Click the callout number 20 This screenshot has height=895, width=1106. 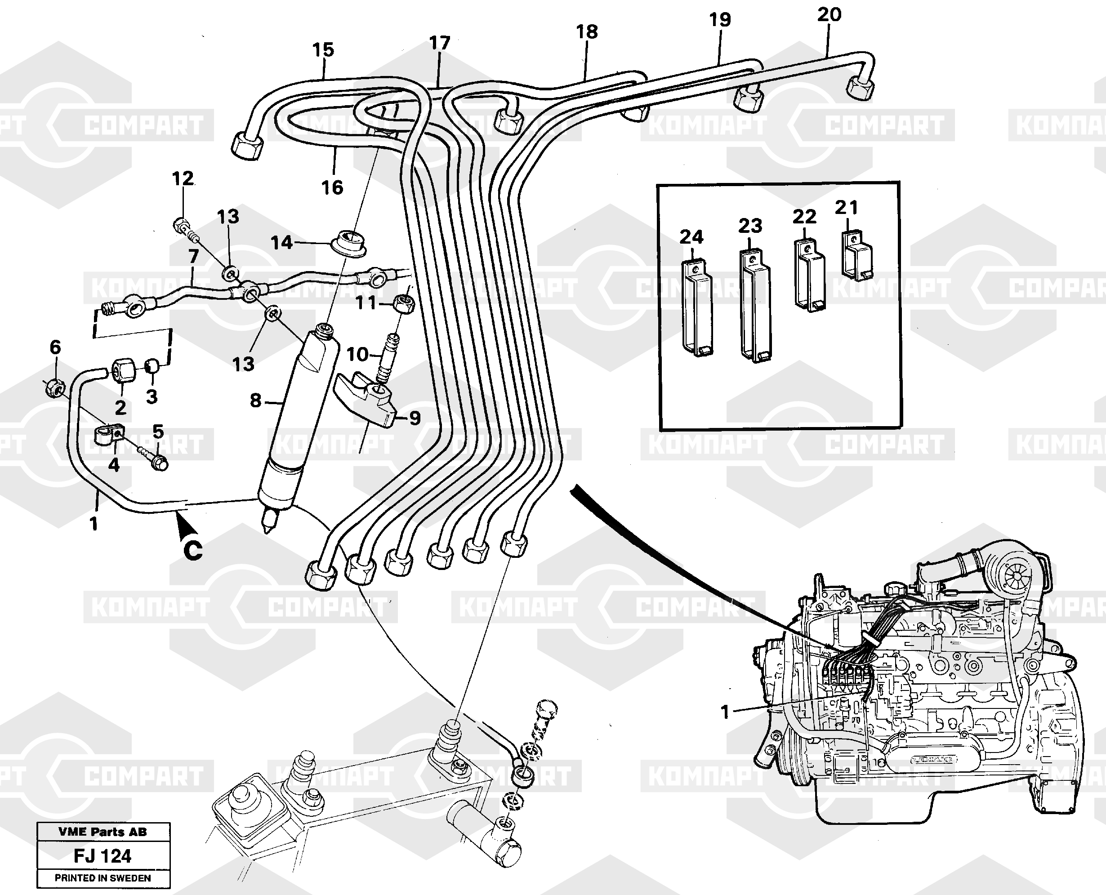tap(829, 14)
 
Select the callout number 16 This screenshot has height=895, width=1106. tap(332, 187)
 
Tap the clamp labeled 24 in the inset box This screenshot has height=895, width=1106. tap(697, 309)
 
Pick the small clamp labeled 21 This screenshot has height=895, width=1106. tap(856, 256)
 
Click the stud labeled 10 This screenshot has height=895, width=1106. tap(388, 356)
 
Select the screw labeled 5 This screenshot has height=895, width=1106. tap(154, 460)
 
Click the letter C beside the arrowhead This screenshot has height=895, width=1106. tap(193, 550)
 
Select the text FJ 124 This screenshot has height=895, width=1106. tap(103, 856)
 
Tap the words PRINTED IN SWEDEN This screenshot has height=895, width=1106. tap(103, 878)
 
